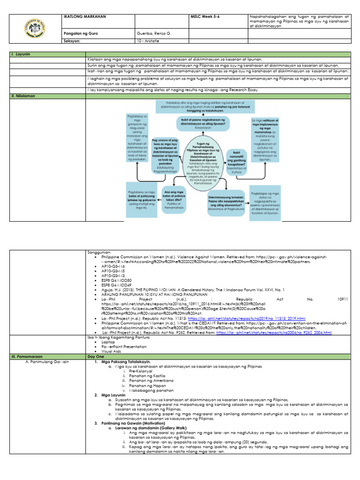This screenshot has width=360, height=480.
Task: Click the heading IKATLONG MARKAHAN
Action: tap(84, 17)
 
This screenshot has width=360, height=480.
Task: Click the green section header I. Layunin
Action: tap(22, 54)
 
